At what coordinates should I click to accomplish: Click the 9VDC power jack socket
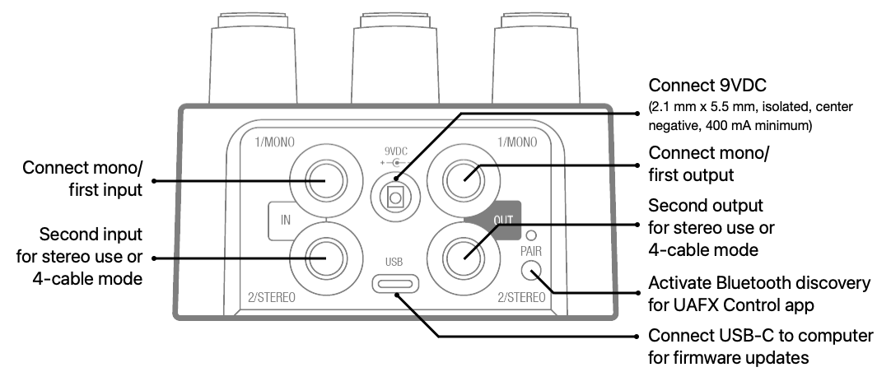tap(395, 197)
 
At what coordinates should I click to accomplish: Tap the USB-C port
tap(395, 283)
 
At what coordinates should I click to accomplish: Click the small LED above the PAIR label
tap(531, 235)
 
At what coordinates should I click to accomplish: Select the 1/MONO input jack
tap(325, 180)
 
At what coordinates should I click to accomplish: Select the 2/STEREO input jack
tap(325, 258)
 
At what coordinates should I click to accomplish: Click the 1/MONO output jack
tap(464, 180)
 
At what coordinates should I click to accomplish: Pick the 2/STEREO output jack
tap(464, 258)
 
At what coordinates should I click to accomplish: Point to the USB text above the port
tap(394, 262)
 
